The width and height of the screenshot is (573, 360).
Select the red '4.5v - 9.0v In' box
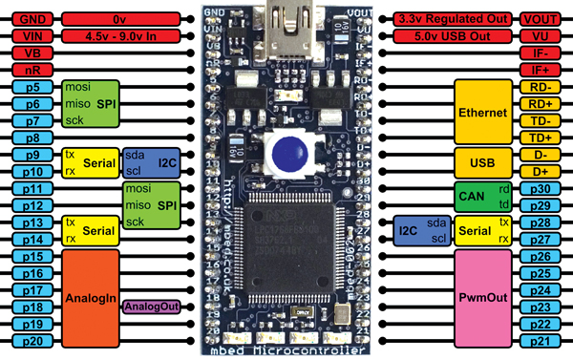[x=120, y=35]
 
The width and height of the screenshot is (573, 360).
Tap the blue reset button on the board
[x=286, y=150]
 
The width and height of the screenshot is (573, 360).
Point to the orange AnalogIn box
[x=92, y=297]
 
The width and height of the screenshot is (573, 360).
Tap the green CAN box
[x=473, y=195]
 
